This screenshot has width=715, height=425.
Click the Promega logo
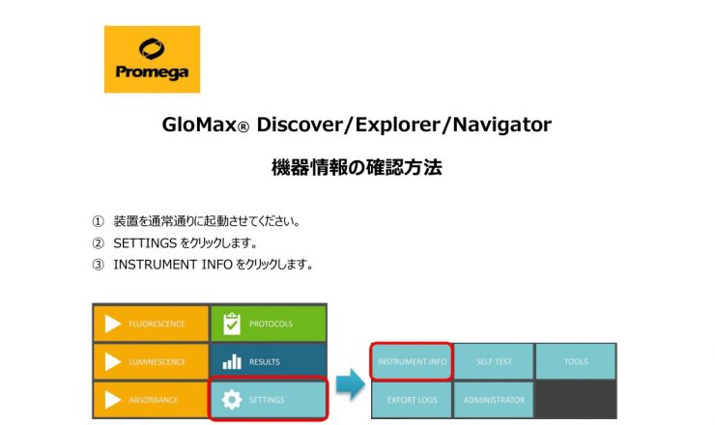pyautogui.click(x=152, y=59)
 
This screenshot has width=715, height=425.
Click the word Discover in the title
pyautogui.click(x=299, y=125)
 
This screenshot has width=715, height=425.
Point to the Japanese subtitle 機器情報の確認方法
pyautogui.click(x=357, y=167)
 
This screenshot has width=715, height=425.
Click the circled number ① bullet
pyautogui.click(x=98, y=221)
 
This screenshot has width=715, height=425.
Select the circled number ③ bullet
pyautogui.click(x=98, y=265)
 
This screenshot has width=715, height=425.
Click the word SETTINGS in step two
pyautogui.click(x=145, y=243)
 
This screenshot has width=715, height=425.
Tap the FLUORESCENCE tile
pyautogui.click(x=151, y=324)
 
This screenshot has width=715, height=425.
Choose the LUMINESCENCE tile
pyautogui.click(x=151, y=361)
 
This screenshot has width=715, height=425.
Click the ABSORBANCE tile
pyautogui.click(x=151, y=400)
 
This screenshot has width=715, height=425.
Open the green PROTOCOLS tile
pyautogui.click(x=269, y=324)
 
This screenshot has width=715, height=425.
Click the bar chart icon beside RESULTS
pyautogui.click(x=232, y=362)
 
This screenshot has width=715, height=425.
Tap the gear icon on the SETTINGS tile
pyautogui.click(x=232, y=400)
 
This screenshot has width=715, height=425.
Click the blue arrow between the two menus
pyautogui.click(x=350, y=384)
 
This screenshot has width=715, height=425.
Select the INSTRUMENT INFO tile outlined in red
pyautogui.click(x=412, y=361)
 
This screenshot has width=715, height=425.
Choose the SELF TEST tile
pyautogui.click(x=494, y=361)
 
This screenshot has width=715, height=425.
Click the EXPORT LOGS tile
pyautogui.click(x=412, y=400)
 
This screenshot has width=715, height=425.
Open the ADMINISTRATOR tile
pyautogui.click(x=494, y=400)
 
